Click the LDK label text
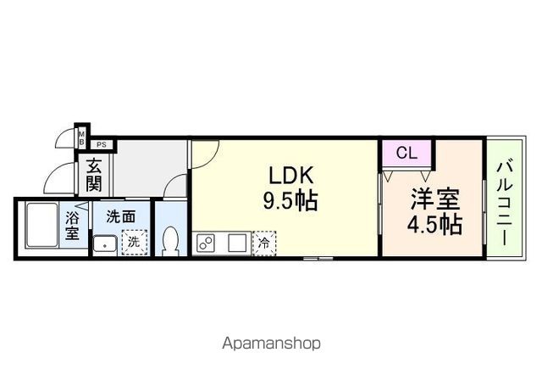pyautogui.click(x=292, y=175)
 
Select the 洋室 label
pyautogui.click(x=434, y=199)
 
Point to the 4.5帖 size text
pyautogui.click(x=434, y=226)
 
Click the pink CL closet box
pyautogui.click(x=406, y=154)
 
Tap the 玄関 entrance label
pyautogui.click(x=92, y=176)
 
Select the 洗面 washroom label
pyautogui.click(x=120, y=216)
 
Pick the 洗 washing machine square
pyautogui.click(x=133, y=243)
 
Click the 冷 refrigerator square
pyautogui.click(x=264, y=242)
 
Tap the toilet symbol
pyautogui.click(x=169, y=241)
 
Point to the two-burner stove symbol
pyautogui.click(x=207, y=242)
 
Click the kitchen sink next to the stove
pyautogui.click(x=236, y=242)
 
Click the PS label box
pyautogui.click(x=100, y=144)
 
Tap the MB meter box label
pyautogui.click(x=82, y=136)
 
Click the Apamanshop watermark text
pyautogui.click(x=271, y=344)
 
